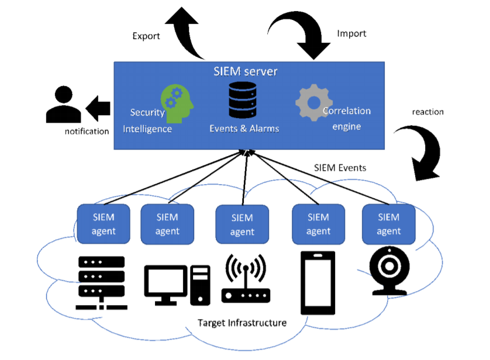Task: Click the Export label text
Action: pos(146,36)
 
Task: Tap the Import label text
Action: pos(351,33)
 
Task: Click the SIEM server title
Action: pos(246,72)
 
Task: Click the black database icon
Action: pos(243,100)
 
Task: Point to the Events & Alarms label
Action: pos(244,129)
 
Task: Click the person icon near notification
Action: pos(64,105)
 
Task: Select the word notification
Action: pos(87,131)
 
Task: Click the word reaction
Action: pos(428,112)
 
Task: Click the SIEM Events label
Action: pos(340,168)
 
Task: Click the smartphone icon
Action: pos(318,283)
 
